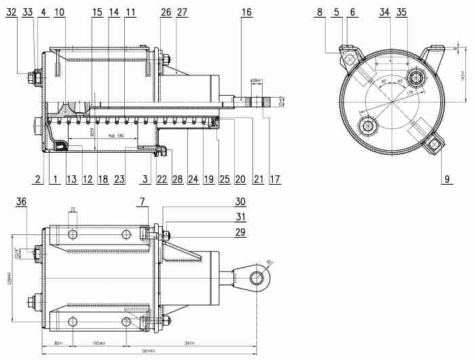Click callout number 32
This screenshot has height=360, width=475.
[x=12, y=12]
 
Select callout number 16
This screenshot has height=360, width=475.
[x=246, y=12]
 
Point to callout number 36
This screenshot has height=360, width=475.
[x=21, y=201]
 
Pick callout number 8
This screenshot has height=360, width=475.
[x=319, y=12]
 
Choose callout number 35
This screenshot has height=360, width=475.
[x=402, y=12]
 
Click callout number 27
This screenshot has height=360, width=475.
[x=182, y=12]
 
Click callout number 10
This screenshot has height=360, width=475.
[x=59, y=12]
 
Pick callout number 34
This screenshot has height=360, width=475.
[x=385, y=12]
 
